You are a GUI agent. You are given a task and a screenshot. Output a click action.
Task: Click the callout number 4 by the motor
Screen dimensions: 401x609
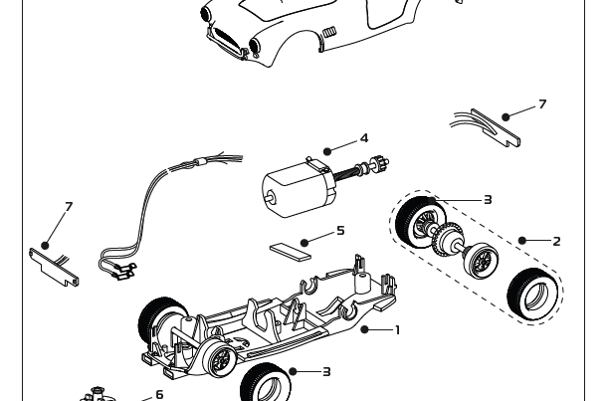tap(364, 138)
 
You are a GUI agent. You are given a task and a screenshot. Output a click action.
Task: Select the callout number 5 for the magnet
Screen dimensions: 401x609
tap(340, 231)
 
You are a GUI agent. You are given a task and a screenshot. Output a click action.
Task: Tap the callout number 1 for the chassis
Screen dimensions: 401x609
tap(397, 329)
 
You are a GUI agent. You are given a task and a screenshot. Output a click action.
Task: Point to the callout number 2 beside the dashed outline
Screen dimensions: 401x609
tap(556, 241)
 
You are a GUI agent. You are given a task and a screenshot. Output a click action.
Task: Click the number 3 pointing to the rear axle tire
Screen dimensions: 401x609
tap(488, 200)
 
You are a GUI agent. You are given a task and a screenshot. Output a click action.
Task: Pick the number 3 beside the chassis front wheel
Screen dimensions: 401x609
tap(326, 372)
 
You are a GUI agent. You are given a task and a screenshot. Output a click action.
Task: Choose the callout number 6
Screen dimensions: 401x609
tap(159, 395)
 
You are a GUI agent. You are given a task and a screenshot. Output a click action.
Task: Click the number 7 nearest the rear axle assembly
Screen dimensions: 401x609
tap(542, 104)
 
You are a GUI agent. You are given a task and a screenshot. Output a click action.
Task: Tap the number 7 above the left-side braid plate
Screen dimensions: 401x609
tap(69, 207)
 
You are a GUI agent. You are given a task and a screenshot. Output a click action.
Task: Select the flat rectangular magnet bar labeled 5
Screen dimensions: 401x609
tap(290, 247)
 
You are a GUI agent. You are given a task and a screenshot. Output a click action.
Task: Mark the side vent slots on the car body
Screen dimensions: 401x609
tap(330, 33)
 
